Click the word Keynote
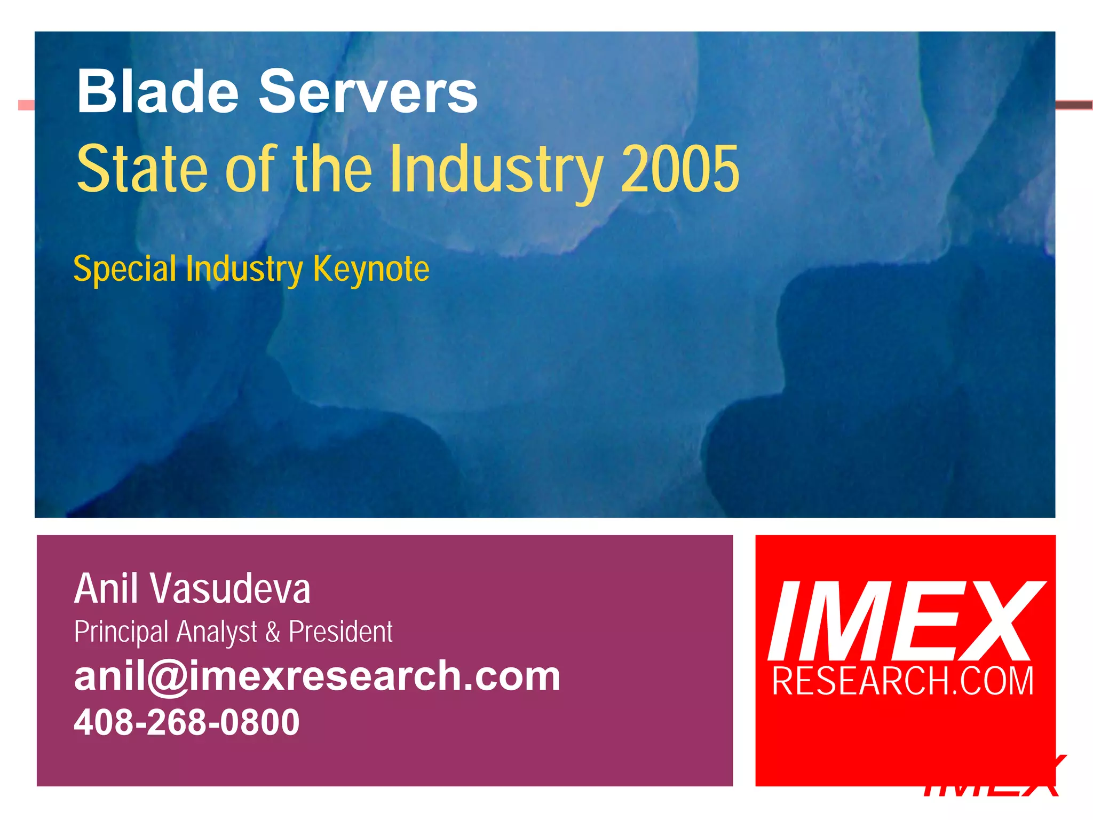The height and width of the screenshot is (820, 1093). (x=371, y=269)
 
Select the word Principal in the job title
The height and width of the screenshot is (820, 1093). (x=122, y=632)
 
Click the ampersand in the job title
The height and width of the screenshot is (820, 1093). (x=273, y=632)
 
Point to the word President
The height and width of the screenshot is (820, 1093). (x=340, y=632)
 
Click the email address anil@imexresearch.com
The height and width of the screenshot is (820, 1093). (x=317, y=676)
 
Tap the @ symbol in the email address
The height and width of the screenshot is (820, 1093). (x=168, y=677)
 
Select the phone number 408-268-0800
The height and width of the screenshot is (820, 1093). (x=187, y=722)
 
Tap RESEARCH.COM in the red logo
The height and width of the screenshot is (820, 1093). (x=903, y=681)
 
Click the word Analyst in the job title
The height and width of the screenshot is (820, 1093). (x=217, y=632)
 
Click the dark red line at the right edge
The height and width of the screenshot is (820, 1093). (x=1074, y=105)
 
